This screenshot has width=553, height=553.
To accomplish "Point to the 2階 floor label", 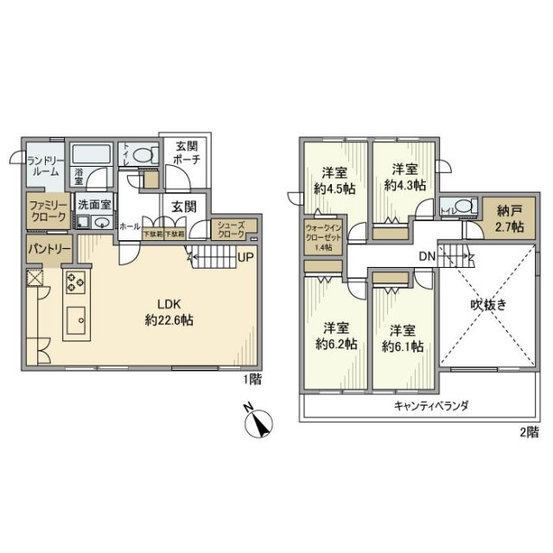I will (x=529, y=430).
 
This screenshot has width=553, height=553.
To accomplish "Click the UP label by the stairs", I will (x=245, y=257).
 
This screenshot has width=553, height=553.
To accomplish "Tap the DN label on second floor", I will (x=426, y=257).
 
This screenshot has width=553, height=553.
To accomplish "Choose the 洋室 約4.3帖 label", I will (x=404, y=176).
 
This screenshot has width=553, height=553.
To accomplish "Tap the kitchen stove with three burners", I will (x=73, y=282).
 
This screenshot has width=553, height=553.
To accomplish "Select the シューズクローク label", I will (x=231, y=229).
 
